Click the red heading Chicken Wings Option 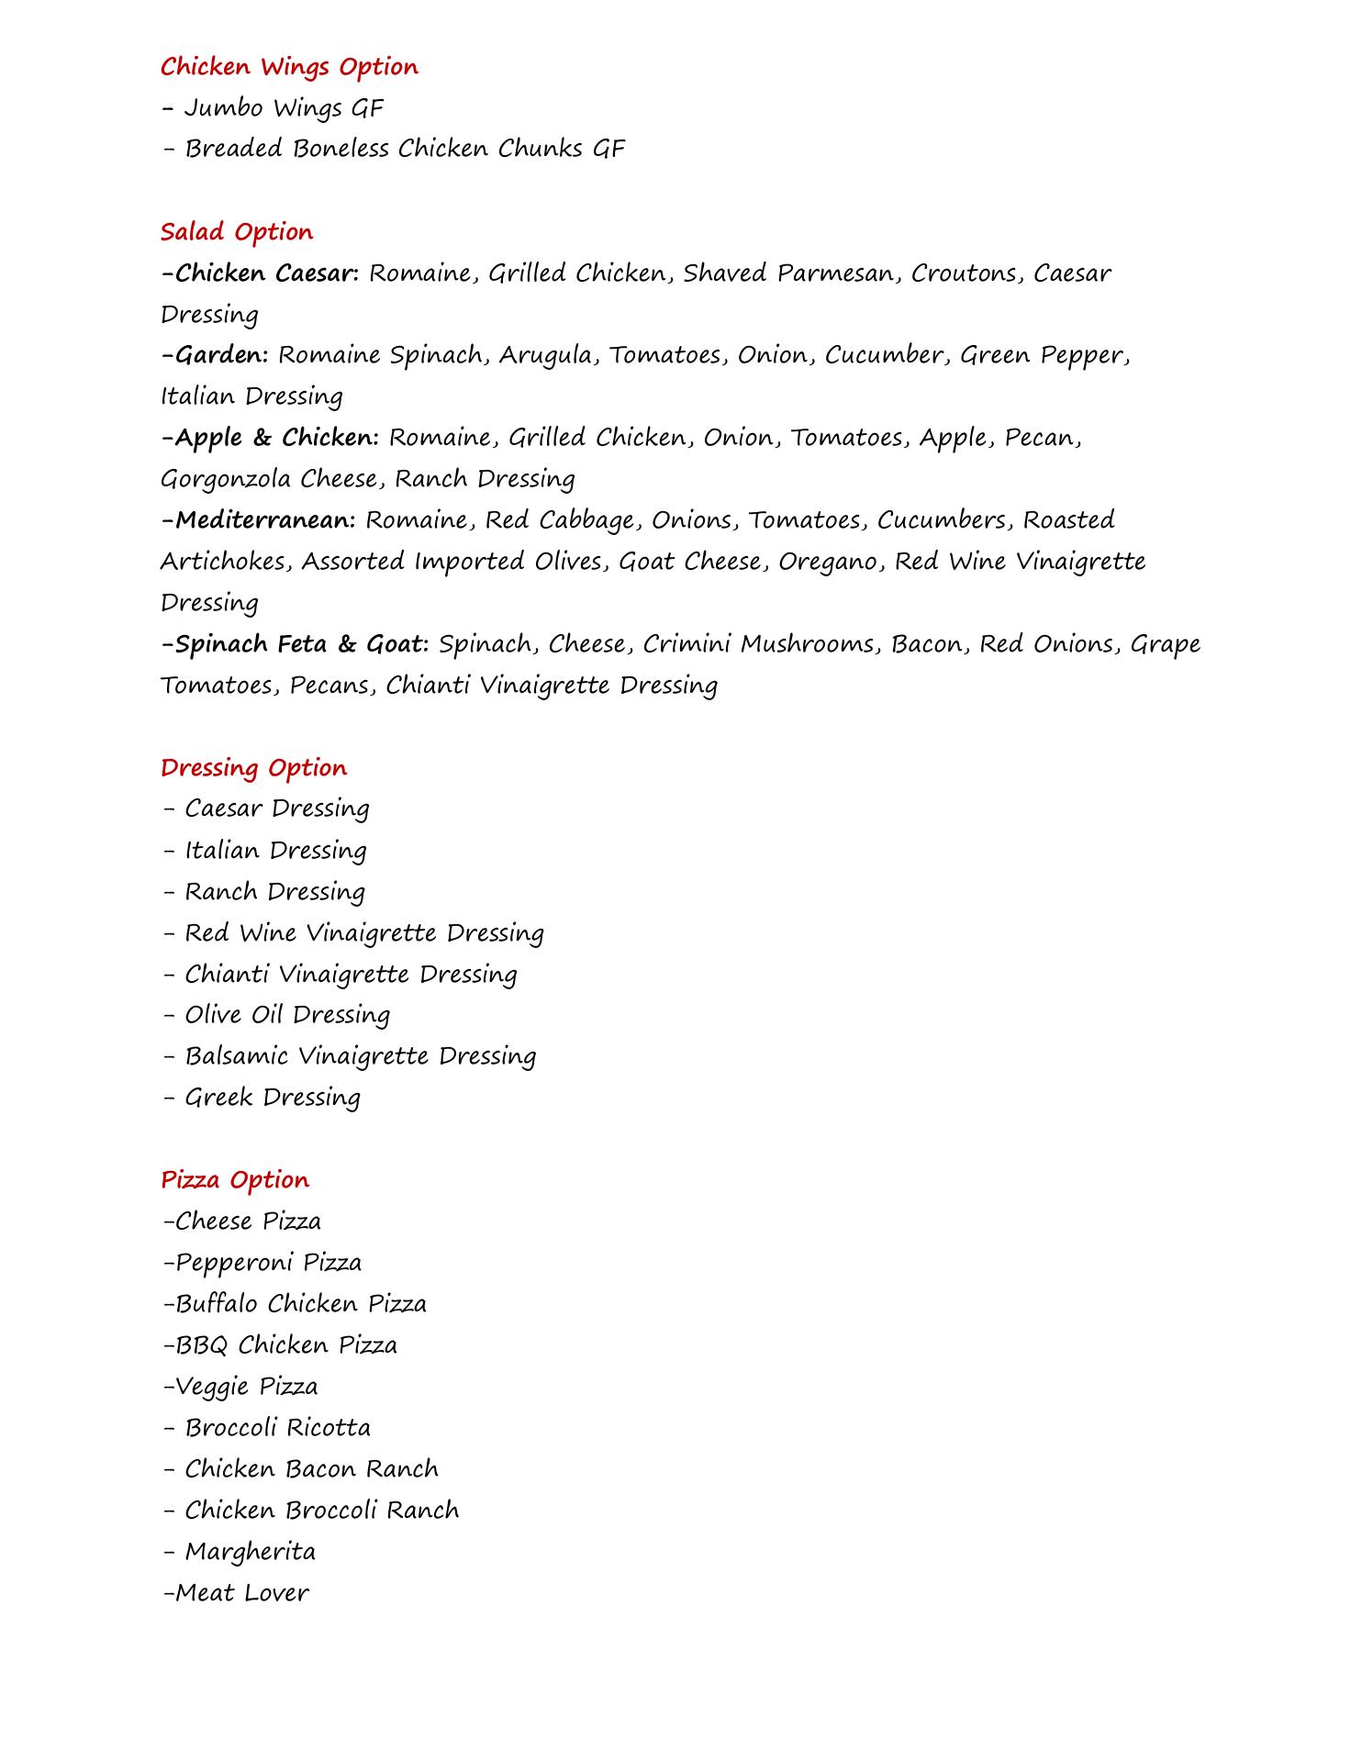tap(289, 67)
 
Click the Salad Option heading tap(237, 232)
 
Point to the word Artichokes tap(226, 562)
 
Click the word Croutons tap(966, 273)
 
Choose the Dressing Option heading tap(254, 768)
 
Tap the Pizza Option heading tap(235, 1180)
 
